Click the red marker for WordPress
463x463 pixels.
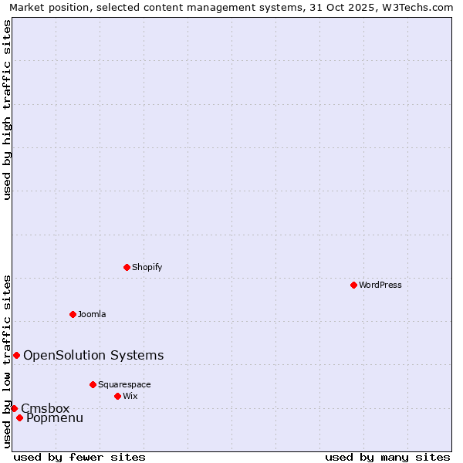coord(353,285)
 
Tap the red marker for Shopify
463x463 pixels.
coord(127,267)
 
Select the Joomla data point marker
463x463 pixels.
coord(73,314)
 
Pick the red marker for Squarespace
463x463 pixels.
coord(93,384)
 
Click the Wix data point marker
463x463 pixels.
coord(117,396)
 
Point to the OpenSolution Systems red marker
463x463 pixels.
coord(16,355)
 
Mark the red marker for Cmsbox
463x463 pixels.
coord(14,408)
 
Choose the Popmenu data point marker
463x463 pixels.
coord(19,418)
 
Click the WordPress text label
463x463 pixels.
coord(380,285)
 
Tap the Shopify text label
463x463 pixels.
coord(147,267)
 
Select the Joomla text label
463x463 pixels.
coord(92,314)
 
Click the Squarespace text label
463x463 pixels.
coord(124,384)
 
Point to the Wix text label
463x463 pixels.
coord(130,396)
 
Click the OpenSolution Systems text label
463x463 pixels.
coord(93,355)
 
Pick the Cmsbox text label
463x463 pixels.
coord(45,408)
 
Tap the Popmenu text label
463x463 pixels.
coord(55,418)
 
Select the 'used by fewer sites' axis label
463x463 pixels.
coord(79,457)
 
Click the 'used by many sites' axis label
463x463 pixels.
coord(387,457)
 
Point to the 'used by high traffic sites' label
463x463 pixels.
coord(7,110)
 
